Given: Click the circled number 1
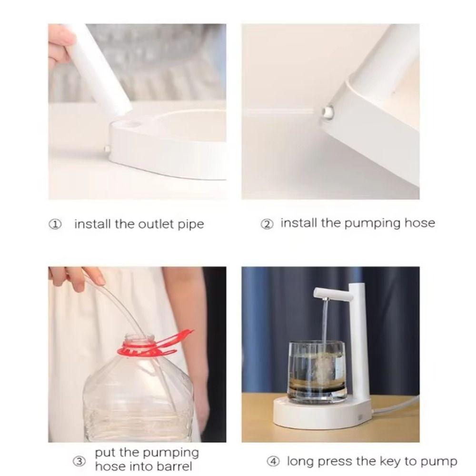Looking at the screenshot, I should point(56,225).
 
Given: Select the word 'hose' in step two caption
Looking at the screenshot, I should point(419,223).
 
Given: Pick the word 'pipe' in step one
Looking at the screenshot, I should point(191,225).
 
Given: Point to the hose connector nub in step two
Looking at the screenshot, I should point(327,111).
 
